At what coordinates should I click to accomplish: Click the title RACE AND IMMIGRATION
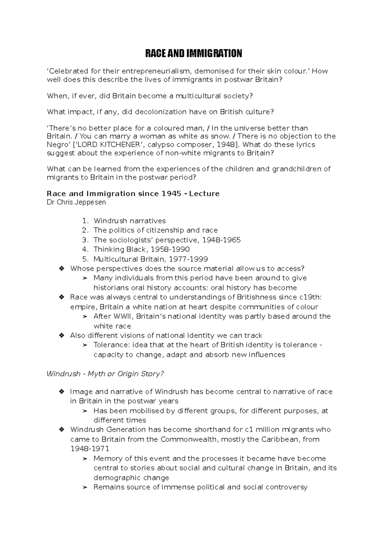pyautogui.click(x=193, y=53)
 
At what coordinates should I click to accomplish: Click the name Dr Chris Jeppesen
pyautogui.click(x=76, y=202)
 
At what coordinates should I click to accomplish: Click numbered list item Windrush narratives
pyautogui.click(x=129, y=221)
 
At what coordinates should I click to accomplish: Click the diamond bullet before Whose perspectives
pyautogui.click(x=62, y=269)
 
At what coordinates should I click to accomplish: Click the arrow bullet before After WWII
pyautogui.click(x=85, y=317)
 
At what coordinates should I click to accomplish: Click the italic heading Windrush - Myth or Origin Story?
pyautogui.click(x=105, y=374)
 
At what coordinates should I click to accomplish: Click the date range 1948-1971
pyautogui.click(x=90, y=449)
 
